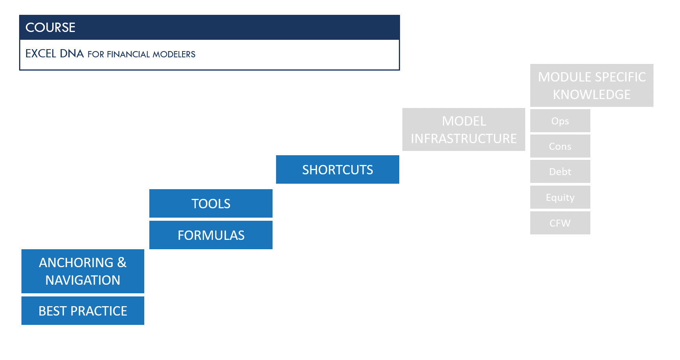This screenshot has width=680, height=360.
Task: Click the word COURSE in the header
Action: tap(50, 27)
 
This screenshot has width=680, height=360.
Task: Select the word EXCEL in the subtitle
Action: tap(41, 53)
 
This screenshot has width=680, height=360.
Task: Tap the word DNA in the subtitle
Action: tap(72, 53)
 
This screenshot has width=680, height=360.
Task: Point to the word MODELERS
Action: tap(174, 54)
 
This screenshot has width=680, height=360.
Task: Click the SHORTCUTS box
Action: tap(337, 170)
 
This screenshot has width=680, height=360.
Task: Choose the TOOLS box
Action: tap(211, 204)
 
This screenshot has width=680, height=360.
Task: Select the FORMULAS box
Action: tap(211, 235)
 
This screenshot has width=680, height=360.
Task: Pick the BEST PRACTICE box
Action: tap(83, 311)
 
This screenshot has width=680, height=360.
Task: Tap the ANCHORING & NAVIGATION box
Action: tap(83, 271)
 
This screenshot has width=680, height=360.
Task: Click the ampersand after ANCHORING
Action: tap(122, 262)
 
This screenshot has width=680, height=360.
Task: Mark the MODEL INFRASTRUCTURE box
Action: tap(464, 129)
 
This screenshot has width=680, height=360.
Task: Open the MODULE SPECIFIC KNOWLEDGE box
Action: tap(591, 85)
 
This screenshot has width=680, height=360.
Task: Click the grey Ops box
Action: tap(560, 121)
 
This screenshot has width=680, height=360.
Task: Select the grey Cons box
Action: tap(560, 146)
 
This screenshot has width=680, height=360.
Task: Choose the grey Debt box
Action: tap(560, 172)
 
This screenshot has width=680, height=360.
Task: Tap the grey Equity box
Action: tap(560, 197)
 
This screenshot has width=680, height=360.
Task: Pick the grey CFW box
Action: tap(560, 223)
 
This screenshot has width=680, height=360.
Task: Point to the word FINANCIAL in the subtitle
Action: tap(128, 54)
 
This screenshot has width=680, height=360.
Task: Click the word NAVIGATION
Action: tap(83, 280)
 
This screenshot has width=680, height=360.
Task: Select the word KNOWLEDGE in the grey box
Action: tap(591, 94)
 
